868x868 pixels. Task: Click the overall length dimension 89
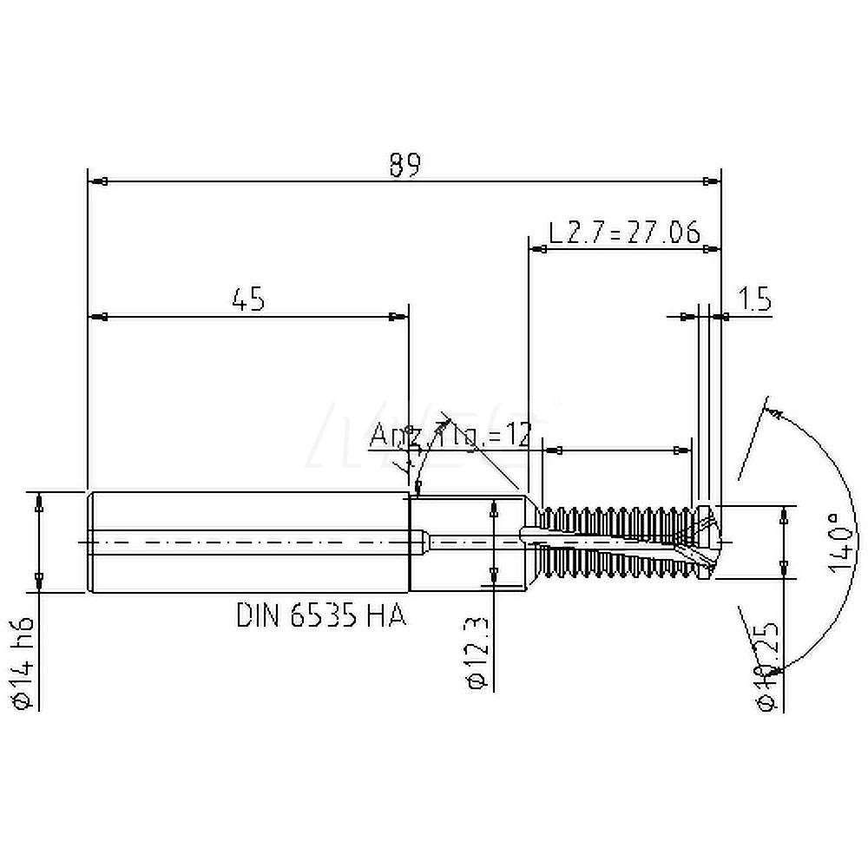pyautogui.click(x=404, y=164)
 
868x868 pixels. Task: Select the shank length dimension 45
pyautogui.click(x=247, y=299)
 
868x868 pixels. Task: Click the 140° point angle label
pyautogui.click(x=835, y=542)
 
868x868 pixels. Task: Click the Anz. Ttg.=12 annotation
pyautogui.click(x=450, y=436)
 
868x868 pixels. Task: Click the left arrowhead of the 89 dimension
pyautogui.click(x=98, y=181)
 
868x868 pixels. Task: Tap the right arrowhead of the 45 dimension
pyautogui.click(x=398, y=317)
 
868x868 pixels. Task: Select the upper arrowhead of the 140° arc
pyautogui.click(x=776, y=410)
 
